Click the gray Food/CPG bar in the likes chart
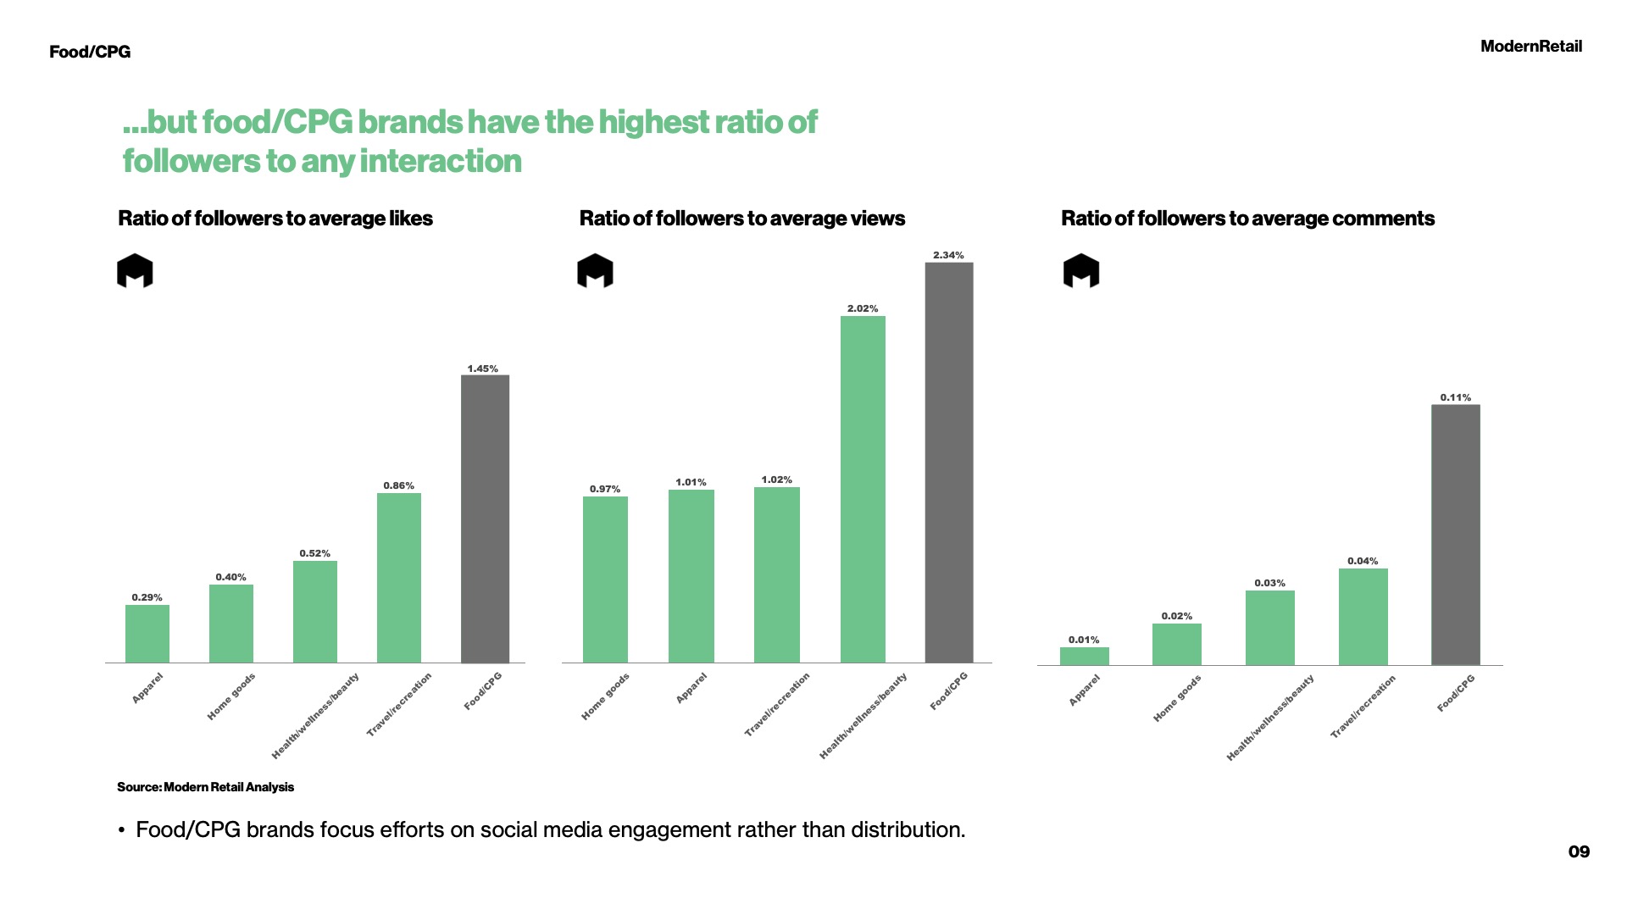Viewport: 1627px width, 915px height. pyautogui.click(x=485, y=518)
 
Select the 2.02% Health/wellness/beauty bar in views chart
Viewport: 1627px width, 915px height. pyautogui.click(x=863, y=489)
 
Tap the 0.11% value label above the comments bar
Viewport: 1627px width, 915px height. pyautogui.click(x=1455, y=397)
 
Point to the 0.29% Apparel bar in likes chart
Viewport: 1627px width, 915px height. pyautogui.click(x=147, y=633)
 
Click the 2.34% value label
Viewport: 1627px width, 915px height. pyautogui.click(x=948, y=255)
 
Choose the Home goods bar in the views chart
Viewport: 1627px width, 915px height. pyautogui.click(x=605, y=579)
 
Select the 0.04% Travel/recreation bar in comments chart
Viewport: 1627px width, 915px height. pyautogui.click(x=1363, y=616)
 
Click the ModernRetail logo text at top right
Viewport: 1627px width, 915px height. pyautogui.click(x=1530, y=47)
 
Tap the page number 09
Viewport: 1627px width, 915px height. pyautogui.click(x=1579, y=851)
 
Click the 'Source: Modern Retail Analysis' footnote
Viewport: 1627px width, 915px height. pyautogui.click(x=205, y=787)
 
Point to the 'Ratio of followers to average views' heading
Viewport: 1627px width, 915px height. pyautogui.click(x=741, y=219)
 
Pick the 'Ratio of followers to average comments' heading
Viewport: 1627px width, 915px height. pyautogui.click(x=1247, y=219)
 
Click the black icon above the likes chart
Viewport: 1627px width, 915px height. pyautogui.click(x=135, y=271)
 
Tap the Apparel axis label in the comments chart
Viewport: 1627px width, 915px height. pyautogui.click(x=1084, y=690)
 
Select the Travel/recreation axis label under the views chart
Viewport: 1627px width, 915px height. pyautogui.click(x=777, y=704)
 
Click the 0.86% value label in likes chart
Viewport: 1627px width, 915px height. pyautogui.click(x=398, y=485)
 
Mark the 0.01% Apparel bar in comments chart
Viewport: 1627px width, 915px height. pyautogui.click(x=1084, y=656)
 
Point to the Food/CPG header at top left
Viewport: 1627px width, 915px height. pyautogui.click(x=90, y=52)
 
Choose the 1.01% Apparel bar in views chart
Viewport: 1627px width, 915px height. pyautogui.click(x=691, y=576)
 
